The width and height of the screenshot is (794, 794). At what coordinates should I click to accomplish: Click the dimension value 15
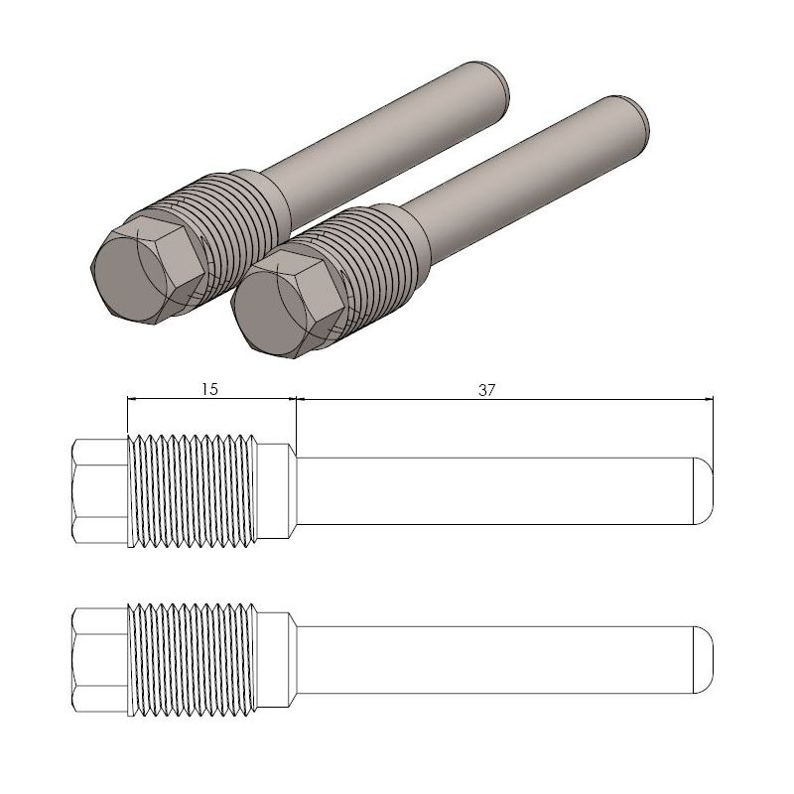(x=209, y=390)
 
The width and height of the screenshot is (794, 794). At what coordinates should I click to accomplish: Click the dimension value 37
(x=486, y=390)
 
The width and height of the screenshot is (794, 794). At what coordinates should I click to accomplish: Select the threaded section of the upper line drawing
(x=194, y=490)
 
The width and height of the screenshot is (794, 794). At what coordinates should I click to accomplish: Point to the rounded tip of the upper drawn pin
(x=703, y=490)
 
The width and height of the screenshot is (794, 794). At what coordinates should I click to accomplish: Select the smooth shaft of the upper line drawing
(x=496, y=490)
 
